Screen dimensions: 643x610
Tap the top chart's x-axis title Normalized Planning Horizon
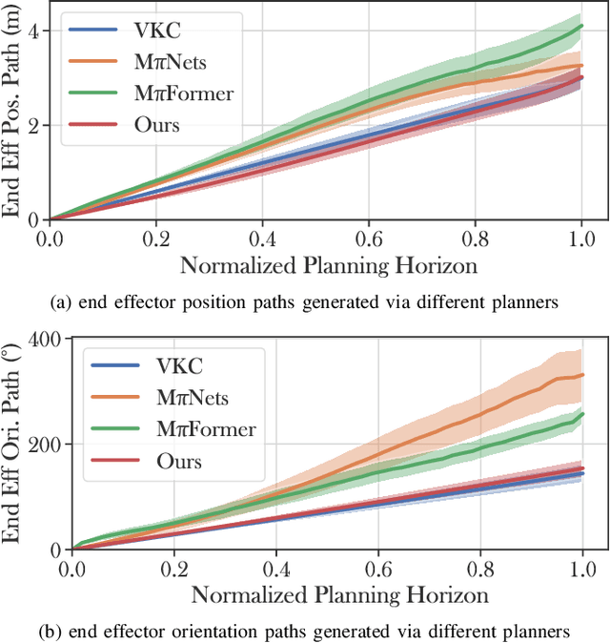329,263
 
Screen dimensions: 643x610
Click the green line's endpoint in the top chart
581,26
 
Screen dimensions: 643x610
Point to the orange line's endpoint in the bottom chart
581,375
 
